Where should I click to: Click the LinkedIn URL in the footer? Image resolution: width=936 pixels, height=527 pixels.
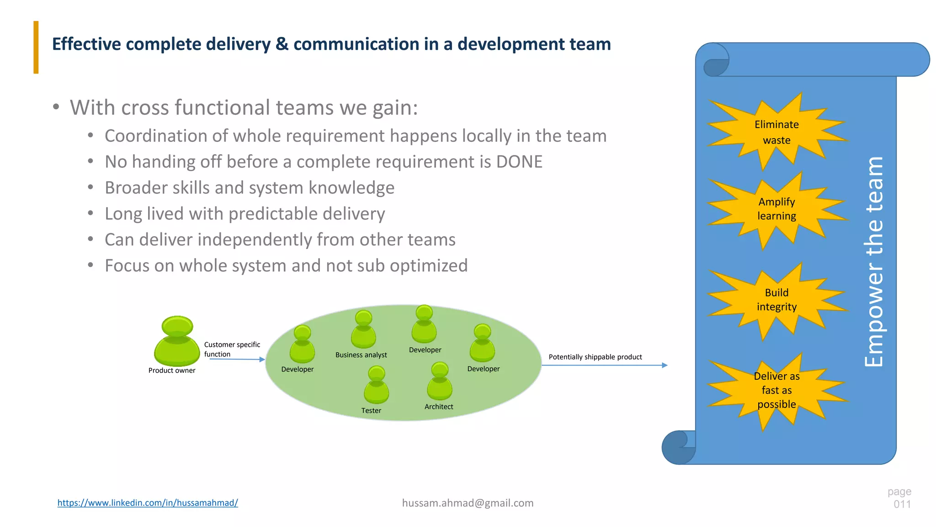click(x=148, y=503)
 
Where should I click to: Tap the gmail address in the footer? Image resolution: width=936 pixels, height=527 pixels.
click(x=468, y=503)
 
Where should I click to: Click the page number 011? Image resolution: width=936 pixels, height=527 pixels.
click(x=902, y=504)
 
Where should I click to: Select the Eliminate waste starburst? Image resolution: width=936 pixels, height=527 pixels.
click(x=776, y=132)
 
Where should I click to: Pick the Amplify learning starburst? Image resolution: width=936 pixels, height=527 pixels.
click(x=776, y=209)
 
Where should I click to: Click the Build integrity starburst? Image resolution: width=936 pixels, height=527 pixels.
click(x=776, y=300)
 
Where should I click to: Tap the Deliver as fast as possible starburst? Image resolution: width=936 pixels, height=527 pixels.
click(x=776, y=390)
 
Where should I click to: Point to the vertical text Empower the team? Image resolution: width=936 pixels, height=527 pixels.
click(x=874, y=262)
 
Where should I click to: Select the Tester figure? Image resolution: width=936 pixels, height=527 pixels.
click(x=376, y=385)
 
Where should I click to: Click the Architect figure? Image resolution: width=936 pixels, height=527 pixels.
click(x=440, y=382)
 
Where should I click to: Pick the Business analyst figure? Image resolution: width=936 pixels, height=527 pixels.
click(x=363, y=329)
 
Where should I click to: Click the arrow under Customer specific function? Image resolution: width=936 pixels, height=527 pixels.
click(x=237, y=360)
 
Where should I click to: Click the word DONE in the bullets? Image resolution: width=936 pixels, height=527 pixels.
click(x=519, y=162)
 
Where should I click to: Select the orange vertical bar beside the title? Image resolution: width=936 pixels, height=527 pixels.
click(x=36, y=47)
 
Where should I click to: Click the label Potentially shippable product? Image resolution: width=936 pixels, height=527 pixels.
click(x=595, y=357)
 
